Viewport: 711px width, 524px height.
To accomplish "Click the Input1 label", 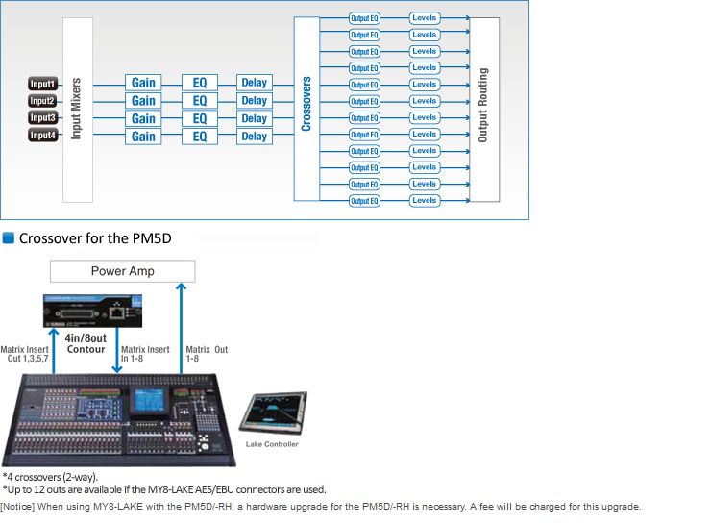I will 42,84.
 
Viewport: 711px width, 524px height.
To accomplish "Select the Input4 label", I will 42,136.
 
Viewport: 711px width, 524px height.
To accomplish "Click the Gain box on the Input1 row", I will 143,83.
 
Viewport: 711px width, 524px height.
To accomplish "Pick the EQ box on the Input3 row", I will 200,118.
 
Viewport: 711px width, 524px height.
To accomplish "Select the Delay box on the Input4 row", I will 254,137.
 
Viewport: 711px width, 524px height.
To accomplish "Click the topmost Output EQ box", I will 365,18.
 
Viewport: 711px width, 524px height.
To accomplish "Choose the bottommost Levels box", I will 424,200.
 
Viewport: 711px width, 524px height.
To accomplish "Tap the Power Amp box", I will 122,271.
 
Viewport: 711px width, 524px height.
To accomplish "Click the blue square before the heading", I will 9,237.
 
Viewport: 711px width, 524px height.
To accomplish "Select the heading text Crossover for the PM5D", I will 94,237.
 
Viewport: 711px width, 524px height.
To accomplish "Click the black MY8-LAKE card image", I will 86,312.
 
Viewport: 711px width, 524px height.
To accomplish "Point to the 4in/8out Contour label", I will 86,343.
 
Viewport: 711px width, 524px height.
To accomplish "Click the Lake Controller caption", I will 272,444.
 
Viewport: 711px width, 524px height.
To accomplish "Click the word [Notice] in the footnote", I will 19,506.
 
